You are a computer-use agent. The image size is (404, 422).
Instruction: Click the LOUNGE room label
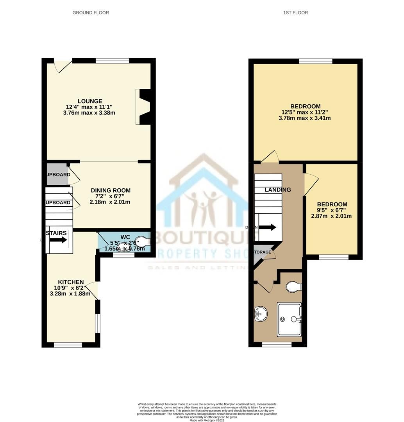click(89, 101)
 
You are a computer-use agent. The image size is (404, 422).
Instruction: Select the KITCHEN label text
click(71, 282)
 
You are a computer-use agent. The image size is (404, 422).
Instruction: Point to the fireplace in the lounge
click(143, 107)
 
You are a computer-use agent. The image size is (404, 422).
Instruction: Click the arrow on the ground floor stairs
click(58, 240)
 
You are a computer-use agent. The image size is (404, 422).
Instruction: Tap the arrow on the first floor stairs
click(268, 227)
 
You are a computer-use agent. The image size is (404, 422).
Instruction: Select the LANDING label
click(278, 190)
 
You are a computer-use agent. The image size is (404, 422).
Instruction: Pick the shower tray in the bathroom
click(290, 319)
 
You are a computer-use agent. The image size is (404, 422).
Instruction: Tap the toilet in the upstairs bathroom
click(293, 287)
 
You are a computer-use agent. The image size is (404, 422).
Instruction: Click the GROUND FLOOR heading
click(91, 13)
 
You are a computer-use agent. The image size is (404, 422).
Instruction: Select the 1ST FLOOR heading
click(295, 13)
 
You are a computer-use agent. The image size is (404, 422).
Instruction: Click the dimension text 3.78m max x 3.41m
click(305, 118)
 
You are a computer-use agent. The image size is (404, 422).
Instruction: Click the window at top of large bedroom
click(315, 61)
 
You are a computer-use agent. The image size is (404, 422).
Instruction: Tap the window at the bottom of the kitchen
click(68, 345)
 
